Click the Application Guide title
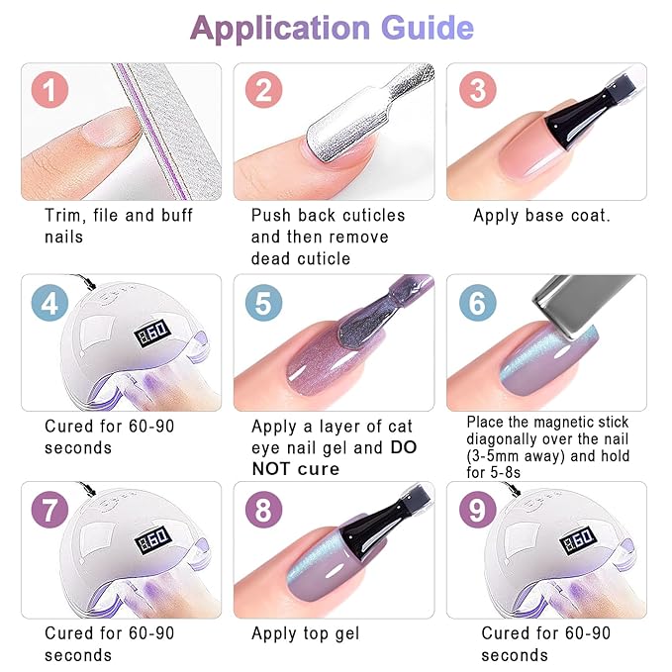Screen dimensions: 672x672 [332, 28]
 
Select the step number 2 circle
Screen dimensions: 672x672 [263, 92]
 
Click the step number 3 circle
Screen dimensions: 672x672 [477, 92]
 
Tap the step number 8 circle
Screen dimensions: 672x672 [263, 512]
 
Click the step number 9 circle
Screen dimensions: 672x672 [477, 512]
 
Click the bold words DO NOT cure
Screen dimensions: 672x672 [334, 457]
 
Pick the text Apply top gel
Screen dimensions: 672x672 [306, 633]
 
